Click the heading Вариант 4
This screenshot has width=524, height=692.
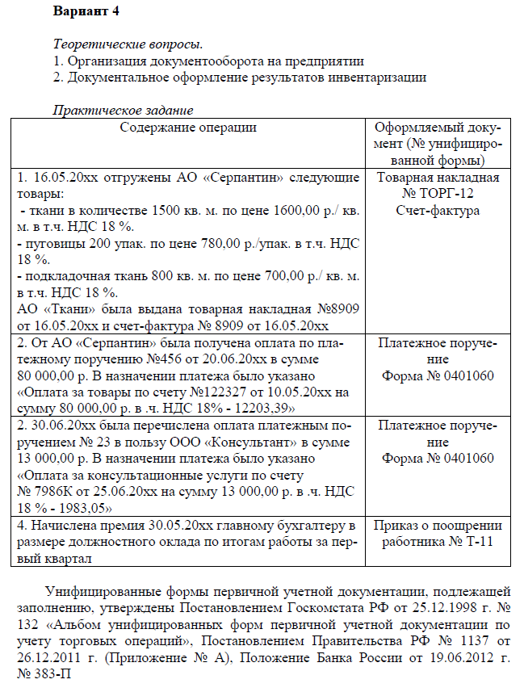86,13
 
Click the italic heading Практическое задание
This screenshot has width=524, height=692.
123,111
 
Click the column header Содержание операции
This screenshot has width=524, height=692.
188,127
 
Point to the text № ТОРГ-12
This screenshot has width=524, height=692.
438,195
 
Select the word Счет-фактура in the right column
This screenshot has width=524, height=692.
438,211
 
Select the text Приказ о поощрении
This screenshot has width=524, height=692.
438,526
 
